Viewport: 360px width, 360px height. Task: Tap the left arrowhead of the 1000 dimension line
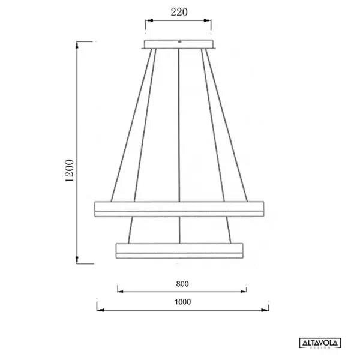click(x=100, y=310)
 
